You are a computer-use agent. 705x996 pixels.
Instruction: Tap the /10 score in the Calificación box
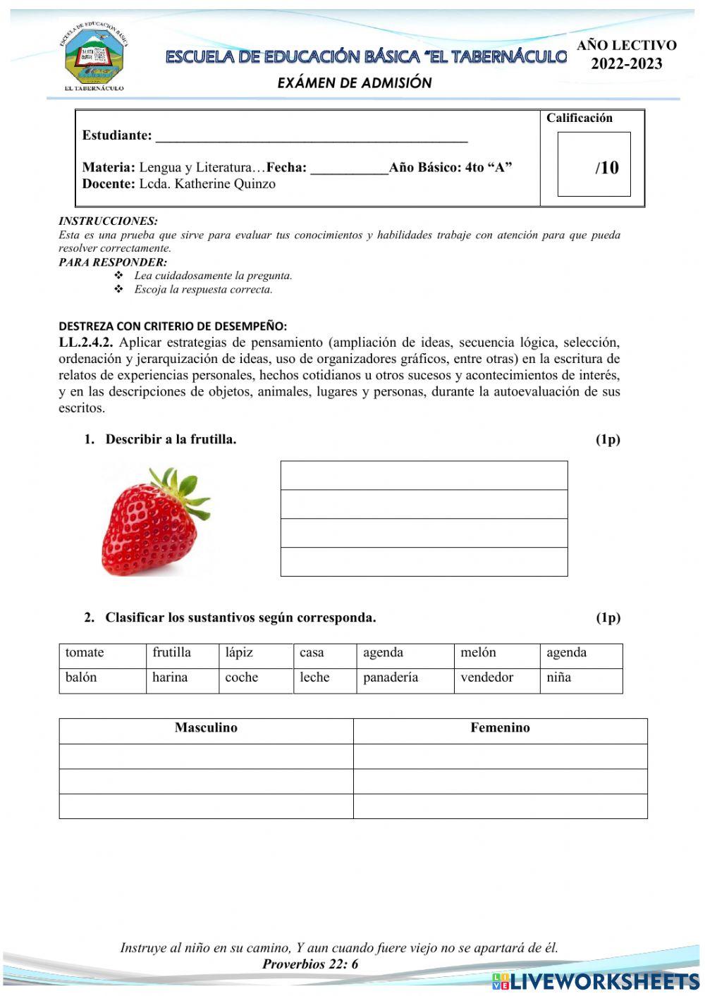[x=606, y=168]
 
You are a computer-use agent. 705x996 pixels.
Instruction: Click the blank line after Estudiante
[x=311, y=136]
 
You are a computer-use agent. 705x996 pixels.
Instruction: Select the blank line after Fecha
[x=349, y=168]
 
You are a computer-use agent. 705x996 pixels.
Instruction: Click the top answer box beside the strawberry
[x=424, y=476]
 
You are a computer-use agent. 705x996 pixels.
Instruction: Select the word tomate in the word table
[x=85, y=653]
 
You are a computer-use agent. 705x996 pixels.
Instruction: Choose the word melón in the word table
[x=478, y=653]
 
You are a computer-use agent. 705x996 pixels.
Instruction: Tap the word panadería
[x=391, y=677]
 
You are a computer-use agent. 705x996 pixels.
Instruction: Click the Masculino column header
[x=206, y=728]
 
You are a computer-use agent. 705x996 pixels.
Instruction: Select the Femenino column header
[x=500, y=728]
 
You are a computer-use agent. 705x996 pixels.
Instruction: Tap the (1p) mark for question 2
[x=608, y=617]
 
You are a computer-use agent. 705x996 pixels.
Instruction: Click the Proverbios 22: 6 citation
[x=310, y=964]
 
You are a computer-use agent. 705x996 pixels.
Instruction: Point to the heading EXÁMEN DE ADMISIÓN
[x=355, y=82]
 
